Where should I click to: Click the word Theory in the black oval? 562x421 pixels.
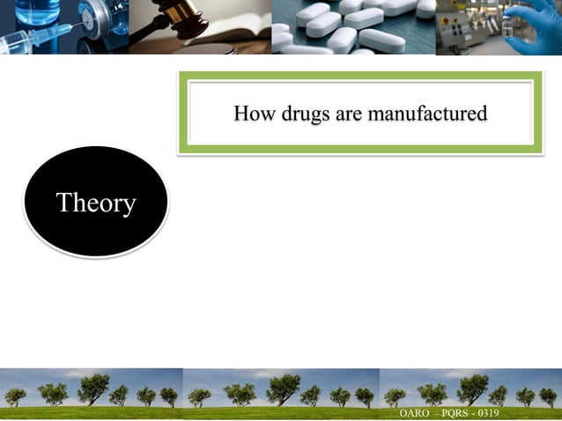(x=96, y=203)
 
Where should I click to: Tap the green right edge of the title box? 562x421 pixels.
(x=538, y=114)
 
